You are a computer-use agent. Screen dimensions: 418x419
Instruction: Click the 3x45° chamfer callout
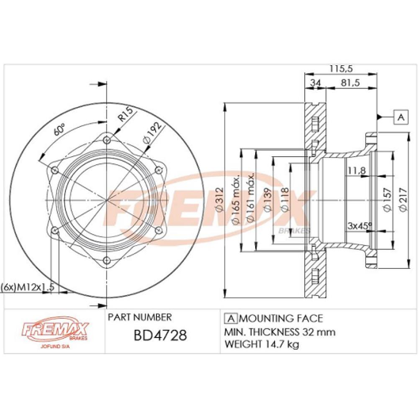coord(361,226)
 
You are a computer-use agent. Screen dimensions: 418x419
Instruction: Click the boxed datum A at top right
coord(401,117)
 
